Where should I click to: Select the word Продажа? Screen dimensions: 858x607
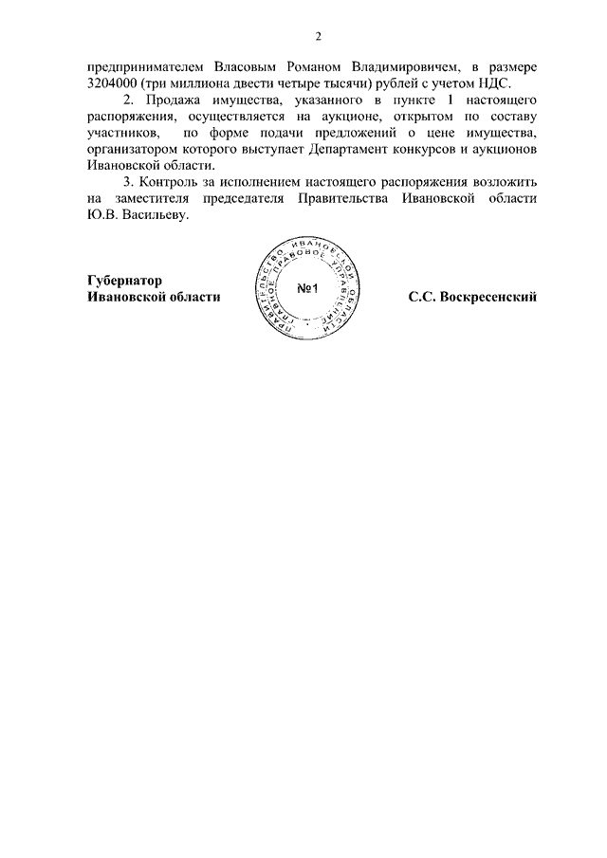tap(171, 100)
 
